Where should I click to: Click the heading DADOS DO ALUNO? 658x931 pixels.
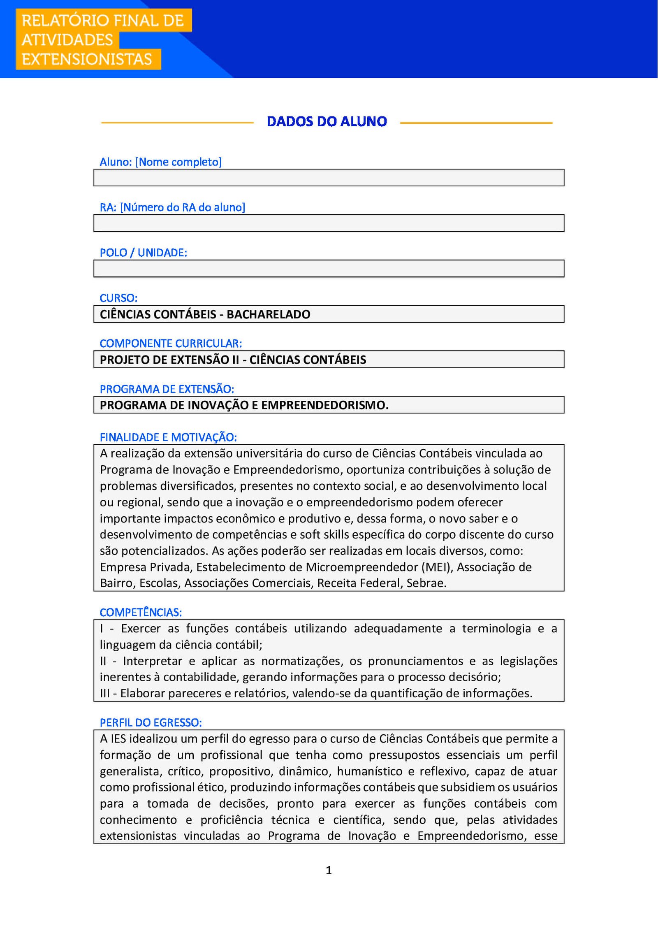click(x=327, y=121)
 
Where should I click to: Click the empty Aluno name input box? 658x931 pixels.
click(x=329, y=178)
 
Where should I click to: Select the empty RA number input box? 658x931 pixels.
click(x=329, y=223)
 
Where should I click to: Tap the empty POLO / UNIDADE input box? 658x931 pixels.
click(x=329, y=269)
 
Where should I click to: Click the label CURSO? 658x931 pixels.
click(x=118, y=298)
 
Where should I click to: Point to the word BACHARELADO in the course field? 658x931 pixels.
click(x=268, y=314)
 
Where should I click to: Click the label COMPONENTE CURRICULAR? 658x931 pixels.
click(x=171, y=343)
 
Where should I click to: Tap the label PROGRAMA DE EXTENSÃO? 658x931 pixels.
click(x=167, y=389)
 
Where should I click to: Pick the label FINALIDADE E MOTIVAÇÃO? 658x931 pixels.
click(x=168, y=437)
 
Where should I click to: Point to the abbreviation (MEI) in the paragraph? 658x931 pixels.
click(x=437, y=567)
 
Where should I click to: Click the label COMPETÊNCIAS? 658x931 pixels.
click(x=141, y=612)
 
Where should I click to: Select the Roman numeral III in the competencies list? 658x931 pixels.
click(x=105, y=694)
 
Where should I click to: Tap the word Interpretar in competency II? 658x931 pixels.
click(x=153, y=661)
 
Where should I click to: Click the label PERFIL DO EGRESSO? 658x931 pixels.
click(x=151, y=722)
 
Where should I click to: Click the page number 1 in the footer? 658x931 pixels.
click(x=329, y=870)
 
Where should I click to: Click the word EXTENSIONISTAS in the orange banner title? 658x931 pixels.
click(x=87, y=59)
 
